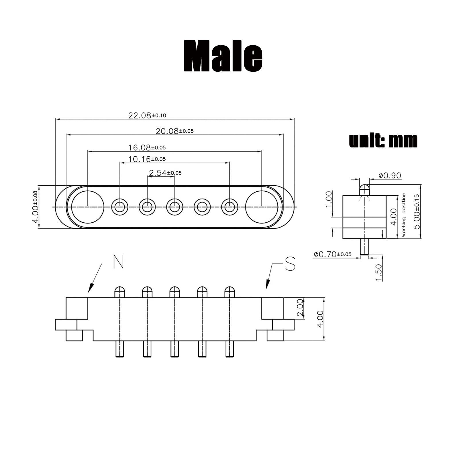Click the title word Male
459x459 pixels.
point(223,56)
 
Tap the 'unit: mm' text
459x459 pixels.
point(383,141)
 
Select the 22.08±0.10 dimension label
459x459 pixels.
point(147,115)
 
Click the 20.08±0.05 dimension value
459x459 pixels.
point(174,131)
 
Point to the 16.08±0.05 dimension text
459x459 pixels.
point(147,147)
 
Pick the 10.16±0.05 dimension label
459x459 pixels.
point(147,159)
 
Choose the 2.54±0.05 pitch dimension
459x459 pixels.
point(165,173)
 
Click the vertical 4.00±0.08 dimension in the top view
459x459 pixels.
point(35,207)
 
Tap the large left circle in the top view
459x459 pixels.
point(87,207)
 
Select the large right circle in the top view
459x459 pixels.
point(262,207)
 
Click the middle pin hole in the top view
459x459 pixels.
point(175,207)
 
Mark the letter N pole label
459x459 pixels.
point(118,262)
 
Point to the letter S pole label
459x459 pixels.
point(290,264)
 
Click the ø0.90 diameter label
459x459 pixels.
point(390,175)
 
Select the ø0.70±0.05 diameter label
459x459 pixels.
point(332,254)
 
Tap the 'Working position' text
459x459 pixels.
point(404,215)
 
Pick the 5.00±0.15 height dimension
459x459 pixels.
point(417,211)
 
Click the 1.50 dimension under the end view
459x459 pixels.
point(379,273)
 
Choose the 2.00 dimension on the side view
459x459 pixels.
point(300,308)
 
